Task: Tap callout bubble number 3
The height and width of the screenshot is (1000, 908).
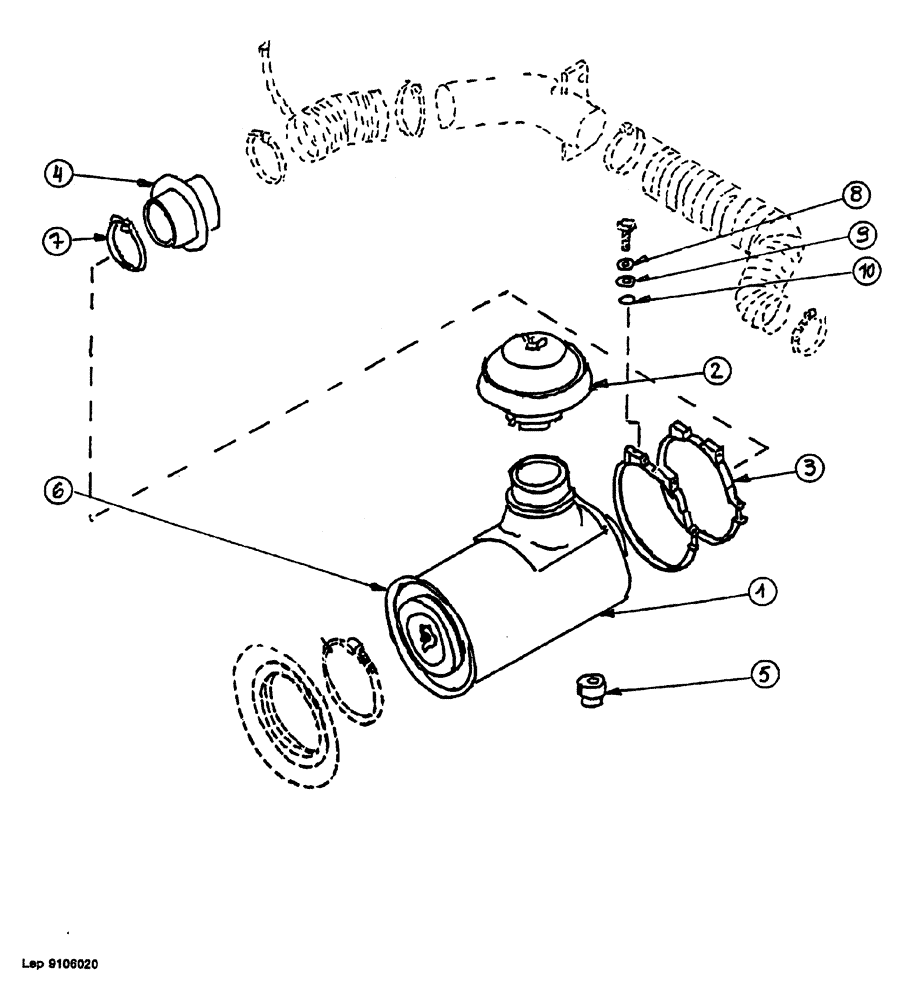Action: coord(807,466)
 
